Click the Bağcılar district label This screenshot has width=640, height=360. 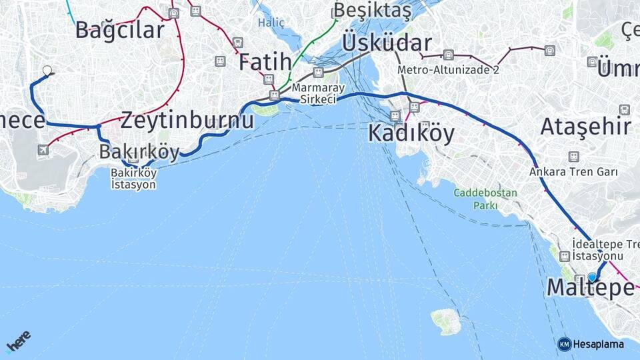tap(119, 30)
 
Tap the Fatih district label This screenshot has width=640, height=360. tap(265, 62)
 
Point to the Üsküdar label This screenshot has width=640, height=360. tap(387, 43)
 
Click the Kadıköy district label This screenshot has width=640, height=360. tap(411, 133)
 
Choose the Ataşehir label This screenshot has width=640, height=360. tap(585, 126)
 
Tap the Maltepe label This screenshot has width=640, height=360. tap(590, 287)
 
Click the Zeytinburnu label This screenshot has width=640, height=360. tap(187, 121)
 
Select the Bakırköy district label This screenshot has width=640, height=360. tap(139, 152)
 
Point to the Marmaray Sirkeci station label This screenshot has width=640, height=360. tap(318, 93)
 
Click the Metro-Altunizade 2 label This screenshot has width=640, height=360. tap(448, 69)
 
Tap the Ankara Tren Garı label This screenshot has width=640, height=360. tap(573, 171)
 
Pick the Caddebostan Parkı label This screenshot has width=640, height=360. tap(485, 199)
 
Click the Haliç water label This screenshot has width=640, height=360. tap(271, 23)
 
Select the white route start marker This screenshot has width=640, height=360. tap(47, 70)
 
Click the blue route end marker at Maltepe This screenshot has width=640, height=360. tap(592, 277)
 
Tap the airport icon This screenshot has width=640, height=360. tap(43, 149)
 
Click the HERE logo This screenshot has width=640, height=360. tap(18, 341)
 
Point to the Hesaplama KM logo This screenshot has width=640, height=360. tap(591, 344)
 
